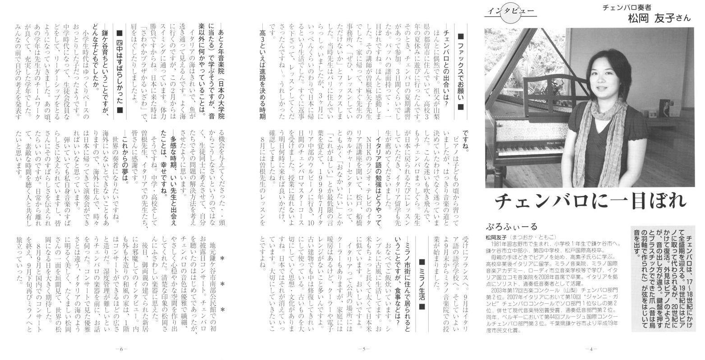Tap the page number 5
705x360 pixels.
(x=364, y=349)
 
